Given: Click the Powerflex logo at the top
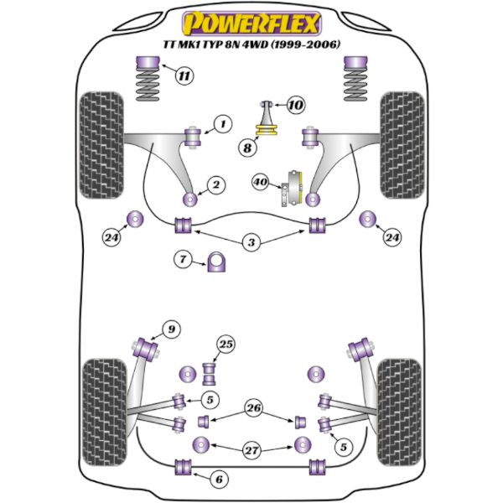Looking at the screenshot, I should (x=251, y=18).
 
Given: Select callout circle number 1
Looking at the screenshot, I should (x=221, y=125).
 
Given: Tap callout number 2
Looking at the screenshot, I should (x=215, y=184).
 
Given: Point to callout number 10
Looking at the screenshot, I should (x=295, y=105).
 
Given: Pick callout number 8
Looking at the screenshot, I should (x=246, y=148).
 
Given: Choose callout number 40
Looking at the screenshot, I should (x=260, y=181).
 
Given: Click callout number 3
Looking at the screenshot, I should (x=251, y=243).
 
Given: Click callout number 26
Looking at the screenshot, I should (x=253, y=408).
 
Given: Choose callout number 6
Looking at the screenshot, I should (x=218, y=480).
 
